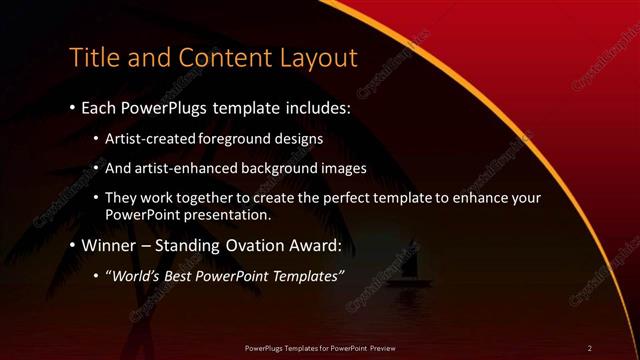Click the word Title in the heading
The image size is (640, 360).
(93, 56)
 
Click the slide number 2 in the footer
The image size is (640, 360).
(589, 347)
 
